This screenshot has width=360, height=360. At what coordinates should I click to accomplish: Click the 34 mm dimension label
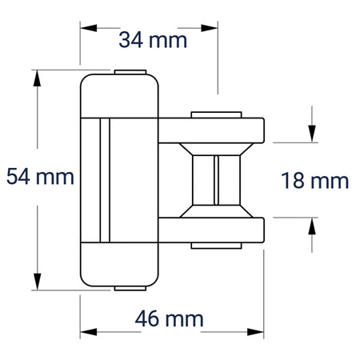coord(153,40)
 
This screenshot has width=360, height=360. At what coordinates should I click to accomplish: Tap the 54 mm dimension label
coord(40,176)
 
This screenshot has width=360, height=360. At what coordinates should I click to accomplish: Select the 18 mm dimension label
coord(315,181)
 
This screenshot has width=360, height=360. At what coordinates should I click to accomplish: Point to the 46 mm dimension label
coord(170,319)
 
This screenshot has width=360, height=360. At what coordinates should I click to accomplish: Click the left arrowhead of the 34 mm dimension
coord(89,28)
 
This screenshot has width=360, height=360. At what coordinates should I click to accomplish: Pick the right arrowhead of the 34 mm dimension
coord(210,28)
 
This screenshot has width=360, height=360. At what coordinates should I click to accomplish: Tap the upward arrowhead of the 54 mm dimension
coord(37,78)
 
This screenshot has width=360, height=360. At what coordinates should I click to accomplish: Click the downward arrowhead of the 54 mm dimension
coord(37,282)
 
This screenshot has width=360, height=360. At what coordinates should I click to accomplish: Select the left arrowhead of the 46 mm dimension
coord(89,332)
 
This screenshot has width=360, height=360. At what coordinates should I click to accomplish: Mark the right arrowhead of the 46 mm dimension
coord(255,332)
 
